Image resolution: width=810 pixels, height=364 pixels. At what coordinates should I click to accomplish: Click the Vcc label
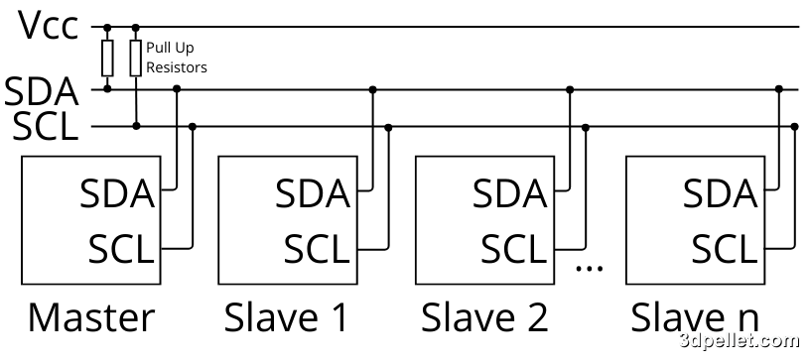[48, 26]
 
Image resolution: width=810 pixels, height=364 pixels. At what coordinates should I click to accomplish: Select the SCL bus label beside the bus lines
[42, 127]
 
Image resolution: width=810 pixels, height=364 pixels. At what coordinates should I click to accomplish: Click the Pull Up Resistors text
[176, 58]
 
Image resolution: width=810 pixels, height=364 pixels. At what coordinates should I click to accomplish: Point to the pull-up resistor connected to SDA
[107, 59]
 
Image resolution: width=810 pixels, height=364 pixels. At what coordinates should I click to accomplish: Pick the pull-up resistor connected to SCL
[136, 59]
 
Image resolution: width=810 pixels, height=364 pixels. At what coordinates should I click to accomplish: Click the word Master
[91, 317]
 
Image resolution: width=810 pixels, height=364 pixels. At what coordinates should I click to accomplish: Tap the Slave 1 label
[287, 317]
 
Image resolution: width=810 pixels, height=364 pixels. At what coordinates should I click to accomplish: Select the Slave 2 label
[484, 317]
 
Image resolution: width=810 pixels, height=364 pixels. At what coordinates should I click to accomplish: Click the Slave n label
[695, 317]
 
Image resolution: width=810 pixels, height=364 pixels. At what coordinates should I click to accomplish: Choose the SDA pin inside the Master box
[117, 193]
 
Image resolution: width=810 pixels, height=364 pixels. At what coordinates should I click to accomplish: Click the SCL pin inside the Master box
[121, 247]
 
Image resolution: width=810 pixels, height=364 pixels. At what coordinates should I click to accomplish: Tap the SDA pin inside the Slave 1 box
[313, 193]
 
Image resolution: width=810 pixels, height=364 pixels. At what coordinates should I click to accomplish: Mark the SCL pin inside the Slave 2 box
[513, 247]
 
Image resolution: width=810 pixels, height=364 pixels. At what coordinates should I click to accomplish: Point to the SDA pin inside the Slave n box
[720, 193]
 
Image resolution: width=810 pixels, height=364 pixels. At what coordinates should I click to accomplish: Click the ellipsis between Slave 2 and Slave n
[590, 266]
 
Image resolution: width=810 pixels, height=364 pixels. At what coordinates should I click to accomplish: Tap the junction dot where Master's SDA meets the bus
[177, 89]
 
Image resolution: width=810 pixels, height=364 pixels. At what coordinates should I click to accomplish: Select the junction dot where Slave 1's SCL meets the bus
[388, 127]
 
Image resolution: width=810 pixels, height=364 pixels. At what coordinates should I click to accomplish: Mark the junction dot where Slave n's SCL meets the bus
[795, 127]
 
